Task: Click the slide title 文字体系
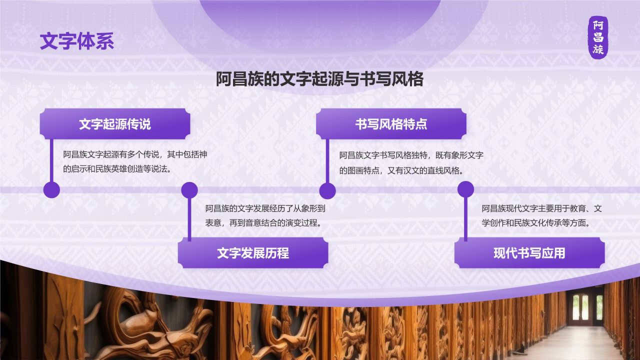77,41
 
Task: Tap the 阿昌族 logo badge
598,37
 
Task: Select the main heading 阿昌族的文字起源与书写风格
319,79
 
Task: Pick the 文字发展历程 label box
253,253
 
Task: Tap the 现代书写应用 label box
529,253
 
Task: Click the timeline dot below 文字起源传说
51,190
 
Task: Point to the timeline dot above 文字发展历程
189,190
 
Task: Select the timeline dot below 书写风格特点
327,190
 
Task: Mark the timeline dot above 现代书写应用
465,189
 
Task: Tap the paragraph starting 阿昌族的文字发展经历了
265,215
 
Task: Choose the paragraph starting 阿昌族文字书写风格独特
411,162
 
